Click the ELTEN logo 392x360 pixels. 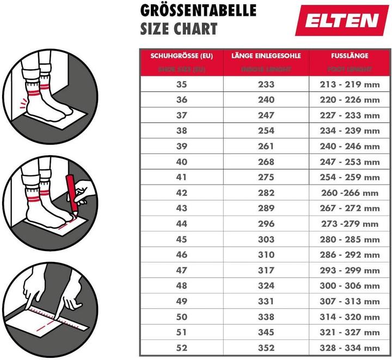341,20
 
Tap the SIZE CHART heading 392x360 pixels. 179,29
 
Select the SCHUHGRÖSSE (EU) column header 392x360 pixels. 181,56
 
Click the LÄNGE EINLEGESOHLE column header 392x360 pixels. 266,56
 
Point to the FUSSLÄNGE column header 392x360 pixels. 350,56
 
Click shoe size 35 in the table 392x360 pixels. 181,84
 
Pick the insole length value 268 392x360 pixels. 266,162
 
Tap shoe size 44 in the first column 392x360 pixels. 181,223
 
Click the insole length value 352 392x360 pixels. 266,347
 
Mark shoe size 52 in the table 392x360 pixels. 181,347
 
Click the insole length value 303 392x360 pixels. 266,239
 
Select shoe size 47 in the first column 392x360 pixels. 181,270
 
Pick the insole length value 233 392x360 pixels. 266,84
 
